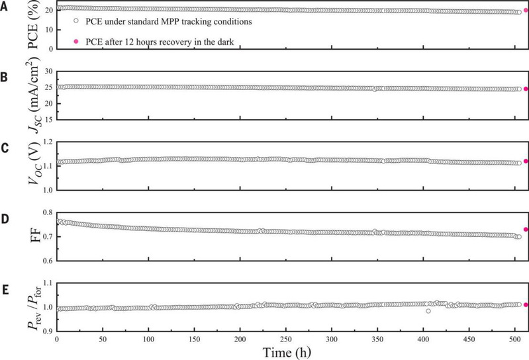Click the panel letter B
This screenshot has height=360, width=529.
pos(5,77)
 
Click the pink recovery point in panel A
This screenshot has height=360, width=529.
pos(526,10)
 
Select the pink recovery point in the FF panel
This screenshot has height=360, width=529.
pos(526,229)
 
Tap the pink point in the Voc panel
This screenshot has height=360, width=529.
pos(526,161)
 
